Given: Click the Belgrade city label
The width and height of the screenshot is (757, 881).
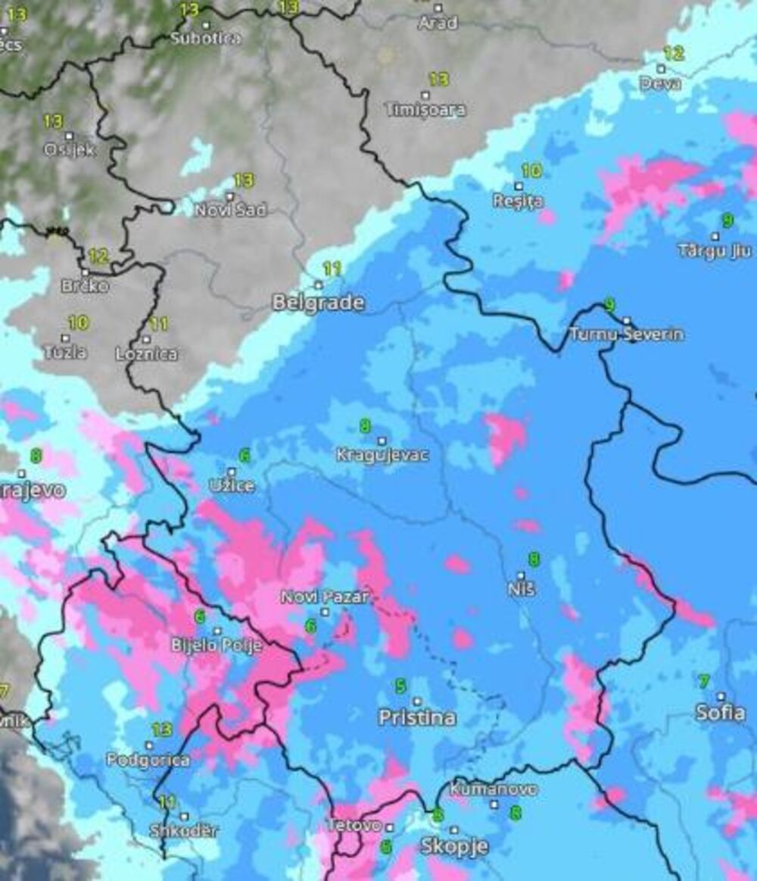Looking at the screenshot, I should (318, 304).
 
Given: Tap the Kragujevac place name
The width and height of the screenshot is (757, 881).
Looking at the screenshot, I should (382, 455).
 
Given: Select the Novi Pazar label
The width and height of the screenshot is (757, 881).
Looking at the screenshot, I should (325, 597).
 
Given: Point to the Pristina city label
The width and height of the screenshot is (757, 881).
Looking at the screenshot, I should (417, 718).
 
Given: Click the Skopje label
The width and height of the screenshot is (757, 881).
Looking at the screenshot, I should (454, 845).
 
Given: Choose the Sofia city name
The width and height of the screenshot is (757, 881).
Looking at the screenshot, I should (721, 712).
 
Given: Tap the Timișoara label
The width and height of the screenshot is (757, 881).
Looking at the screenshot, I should (425, 110).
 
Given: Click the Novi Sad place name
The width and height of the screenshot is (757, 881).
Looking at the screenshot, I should (231, 210).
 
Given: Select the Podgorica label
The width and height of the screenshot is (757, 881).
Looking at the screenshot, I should (148, 760).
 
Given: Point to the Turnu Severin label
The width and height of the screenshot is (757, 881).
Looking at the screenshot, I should (626, 334).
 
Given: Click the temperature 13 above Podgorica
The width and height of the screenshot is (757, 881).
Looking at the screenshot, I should (161, 730).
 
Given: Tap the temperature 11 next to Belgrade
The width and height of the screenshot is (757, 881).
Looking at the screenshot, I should (332, 269).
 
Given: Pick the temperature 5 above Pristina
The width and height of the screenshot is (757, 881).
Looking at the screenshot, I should (400, 686).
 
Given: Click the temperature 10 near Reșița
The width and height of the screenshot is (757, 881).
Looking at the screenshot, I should (531, 171).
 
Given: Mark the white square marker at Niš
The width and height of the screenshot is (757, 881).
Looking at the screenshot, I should (521, 576).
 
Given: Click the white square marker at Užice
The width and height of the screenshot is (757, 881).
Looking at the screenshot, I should (232, 472).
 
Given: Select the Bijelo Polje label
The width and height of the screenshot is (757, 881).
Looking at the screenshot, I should (217, 646).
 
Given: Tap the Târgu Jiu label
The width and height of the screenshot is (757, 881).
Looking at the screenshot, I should (715, 251).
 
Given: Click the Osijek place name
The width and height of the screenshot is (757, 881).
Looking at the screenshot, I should (69, 149).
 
